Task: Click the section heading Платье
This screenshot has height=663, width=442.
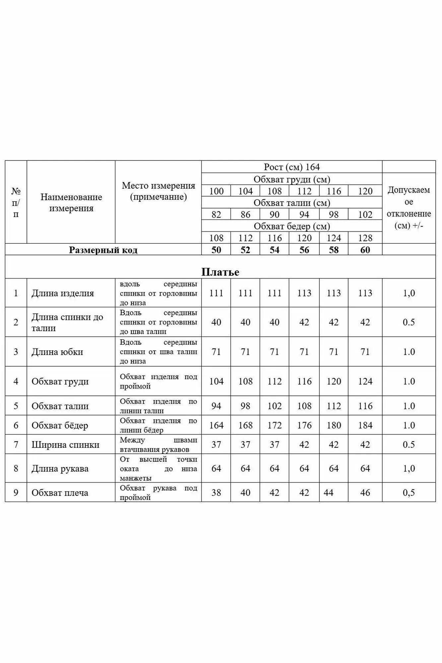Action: (220, 272)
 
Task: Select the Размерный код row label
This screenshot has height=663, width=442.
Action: (103, 250)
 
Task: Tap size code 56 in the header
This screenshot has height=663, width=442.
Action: (304, 250)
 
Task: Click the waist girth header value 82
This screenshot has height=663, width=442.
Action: (216, 214)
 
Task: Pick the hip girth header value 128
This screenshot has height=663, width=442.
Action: (365, 238)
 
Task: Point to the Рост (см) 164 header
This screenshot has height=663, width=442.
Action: (292, 167)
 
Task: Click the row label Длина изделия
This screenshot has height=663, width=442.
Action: (63, 293)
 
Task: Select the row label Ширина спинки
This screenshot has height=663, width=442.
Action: (65, 445)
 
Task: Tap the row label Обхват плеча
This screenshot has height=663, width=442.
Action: (60, 493)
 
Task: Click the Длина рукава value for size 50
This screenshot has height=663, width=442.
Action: (216, 468)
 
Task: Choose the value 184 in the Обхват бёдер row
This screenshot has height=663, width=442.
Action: (365, 425)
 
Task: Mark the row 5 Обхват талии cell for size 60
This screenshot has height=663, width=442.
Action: (365, 406)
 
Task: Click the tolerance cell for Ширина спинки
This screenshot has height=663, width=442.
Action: (409, 445)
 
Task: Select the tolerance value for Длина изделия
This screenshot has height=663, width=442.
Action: (409, 293)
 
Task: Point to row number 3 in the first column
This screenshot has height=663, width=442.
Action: (16, 352)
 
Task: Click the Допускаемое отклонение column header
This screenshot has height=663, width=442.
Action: (409, 208)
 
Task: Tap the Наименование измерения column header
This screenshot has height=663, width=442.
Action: (71, 203)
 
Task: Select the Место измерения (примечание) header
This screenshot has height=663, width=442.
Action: (158, 191)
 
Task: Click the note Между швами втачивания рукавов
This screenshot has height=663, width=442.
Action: (158, 445)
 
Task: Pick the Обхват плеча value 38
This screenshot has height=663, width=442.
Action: (216, 493)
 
